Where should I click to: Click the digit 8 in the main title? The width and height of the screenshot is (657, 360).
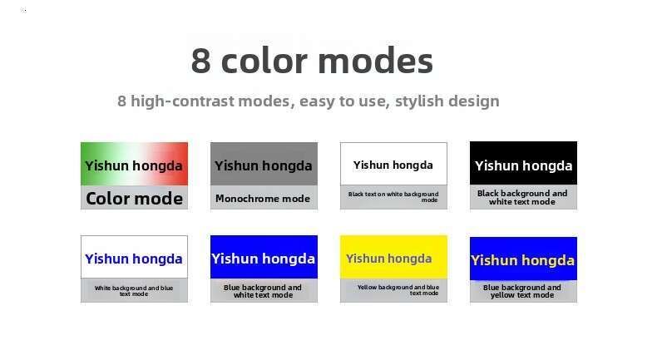[200, 61]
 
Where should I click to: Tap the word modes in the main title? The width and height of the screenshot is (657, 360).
[375, 61]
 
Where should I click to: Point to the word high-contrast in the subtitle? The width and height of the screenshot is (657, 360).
[182, 101]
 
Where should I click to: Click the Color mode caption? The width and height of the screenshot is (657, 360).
[134, 199]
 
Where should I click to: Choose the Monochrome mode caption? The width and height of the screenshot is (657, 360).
[263, 199]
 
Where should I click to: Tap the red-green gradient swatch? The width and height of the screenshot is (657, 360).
[134, 164]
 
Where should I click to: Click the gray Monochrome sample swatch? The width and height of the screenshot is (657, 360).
[264, 164]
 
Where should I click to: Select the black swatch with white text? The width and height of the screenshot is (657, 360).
[523, 163]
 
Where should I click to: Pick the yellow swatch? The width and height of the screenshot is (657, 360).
[393, 257]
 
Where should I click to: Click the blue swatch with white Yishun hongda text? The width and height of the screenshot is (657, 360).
[264, 257]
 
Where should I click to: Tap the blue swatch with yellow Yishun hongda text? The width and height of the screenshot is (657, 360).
[523, 259]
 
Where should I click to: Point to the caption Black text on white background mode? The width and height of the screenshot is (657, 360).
[393, 197]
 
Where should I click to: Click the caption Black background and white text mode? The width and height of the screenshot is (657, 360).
[522, 197]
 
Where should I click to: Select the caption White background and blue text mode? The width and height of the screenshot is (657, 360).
[134, 291]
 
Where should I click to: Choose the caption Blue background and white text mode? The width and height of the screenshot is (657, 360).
[263, 291]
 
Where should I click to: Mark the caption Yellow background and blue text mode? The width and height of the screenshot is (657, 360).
[398, 290]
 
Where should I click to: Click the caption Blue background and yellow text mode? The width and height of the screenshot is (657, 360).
[522, 291]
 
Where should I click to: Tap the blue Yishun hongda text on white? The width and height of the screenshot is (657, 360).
[134, 259]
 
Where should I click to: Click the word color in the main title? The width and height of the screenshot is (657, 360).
[264, 61]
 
